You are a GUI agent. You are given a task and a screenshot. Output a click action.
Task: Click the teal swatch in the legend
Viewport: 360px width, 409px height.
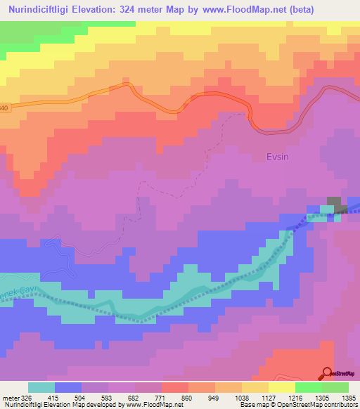pyautogui.click(x=41, y=387)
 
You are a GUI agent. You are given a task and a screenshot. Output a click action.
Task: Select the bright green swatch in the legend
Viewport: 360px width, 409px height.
pyautogui.click(x=309, y=387)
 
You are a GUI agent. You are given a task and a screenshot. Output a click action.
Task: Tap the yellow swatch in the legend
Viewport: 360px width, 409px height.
pyautogui.click(x=282, y=387)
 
